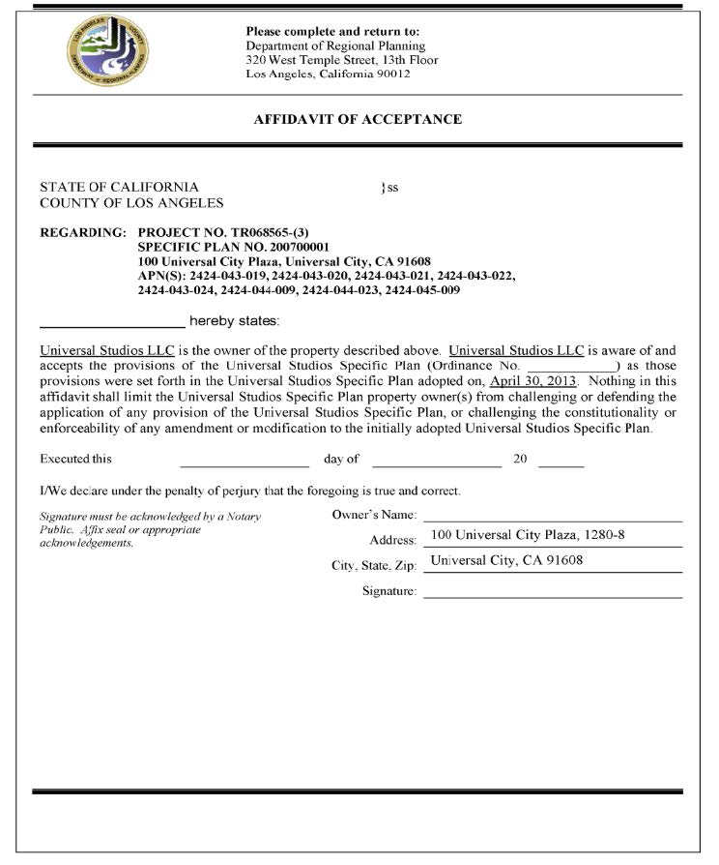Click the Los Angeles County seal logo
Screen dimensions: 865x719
[107, 50]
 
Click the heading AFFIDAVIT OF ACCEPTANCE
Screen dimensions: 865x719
[358, 120]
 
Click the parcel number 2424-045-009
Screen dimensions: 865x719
[422, 289]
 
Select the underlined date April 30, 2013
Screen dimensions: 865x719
[532, 381]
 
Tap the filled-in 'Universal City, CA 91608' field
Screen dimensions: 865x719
[506, 561]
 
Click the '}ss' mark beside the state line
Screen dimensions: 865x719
[388, 188]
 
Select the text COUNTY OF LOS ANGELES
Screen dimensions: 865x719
[131, 203]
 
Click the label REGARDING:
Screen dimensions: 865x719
[83, 233]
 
